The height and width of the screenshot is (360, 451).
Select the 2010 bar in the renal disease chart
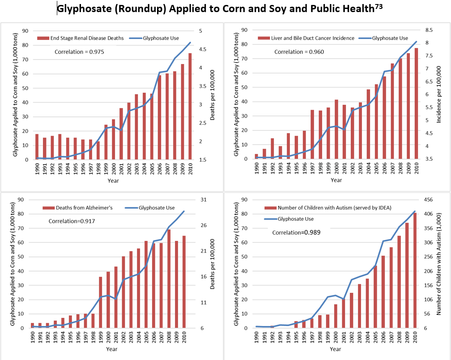click(190, 107)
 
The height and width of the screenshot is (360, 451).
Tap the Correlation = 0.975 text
click(79, 52)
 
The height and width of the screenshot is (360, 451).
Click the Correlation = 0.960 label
click(299, 52)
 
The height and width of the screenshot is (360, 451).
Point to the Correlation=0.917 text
click(72, 221)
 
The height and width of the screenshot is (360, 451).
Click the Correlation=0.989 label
click(297, 233)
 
